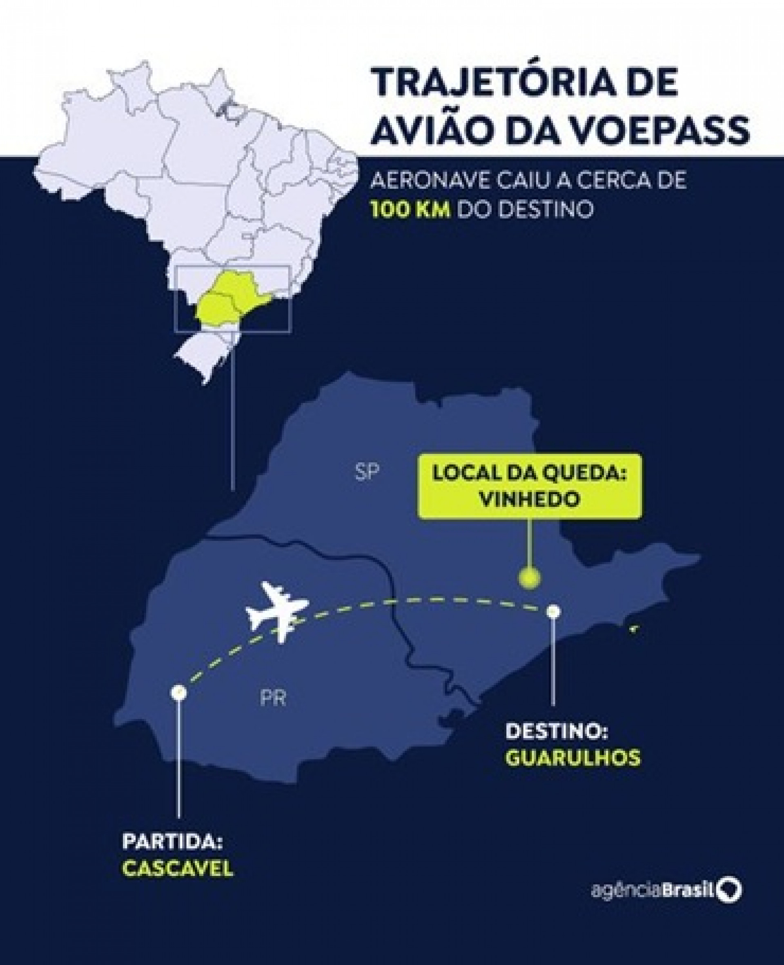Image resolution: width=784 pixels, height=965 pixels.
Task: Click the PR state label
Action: click(273, 699)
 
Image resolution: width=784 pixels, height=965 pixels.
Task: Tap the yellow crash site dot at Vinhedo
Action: click(529, 578)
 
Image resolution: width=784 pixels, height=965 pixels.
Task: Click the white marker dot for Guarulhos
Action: click(553, 611)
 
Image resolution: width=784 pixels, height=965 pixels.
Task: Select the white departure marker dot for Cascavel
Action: click(179, 693)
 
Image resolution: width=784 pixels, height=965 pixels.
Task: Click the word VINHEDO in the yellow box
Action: click(529, 499)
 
